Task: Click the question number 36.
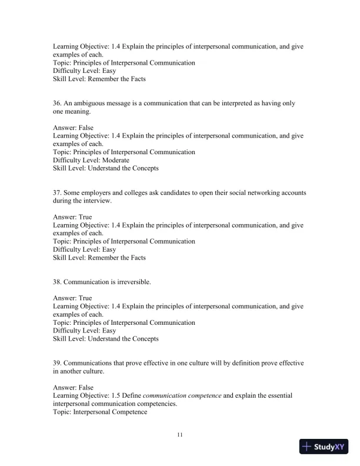(x=57, y=104)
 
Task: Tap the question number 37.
(x=57, y=193)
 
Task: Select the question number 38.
(x=57, y=282)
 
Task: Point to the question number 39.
(x=57, y=364)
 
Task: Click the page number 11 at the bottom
(x=180, y=435)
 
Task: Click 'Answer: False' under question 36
(x=73, y=128)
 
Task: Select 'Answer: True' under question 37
(x=72, y=217)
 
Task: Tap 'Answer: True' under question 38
(x=72, y=298)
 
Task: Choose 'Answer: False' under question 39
(x=73, y=388)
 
